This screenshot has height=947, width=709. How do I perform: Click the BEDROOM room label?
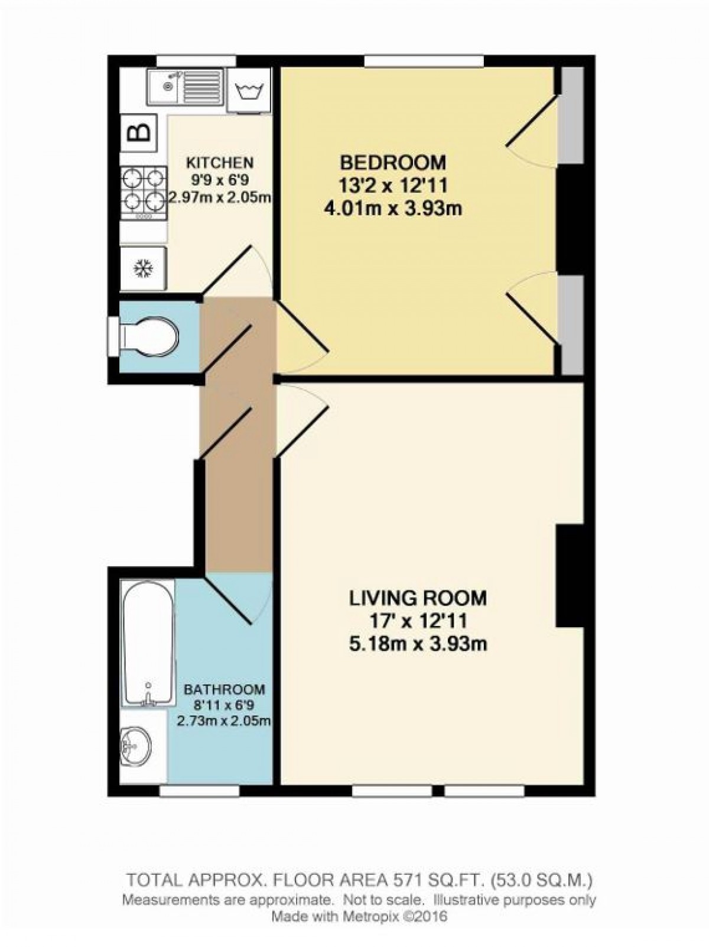392,161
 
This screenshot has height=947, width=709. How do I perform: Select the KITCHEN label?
220,163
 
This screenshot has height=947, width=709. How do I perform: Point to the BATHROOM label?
224,689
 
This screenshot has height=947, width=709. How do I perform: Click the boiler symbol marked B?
140,132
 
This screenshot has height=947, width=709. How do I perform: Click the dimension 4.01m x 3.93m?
393,209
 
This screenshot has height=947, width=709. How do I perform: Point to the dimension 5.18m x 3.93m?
418,643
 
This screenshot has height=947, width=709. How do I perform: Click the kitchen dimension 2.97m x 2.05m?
220,197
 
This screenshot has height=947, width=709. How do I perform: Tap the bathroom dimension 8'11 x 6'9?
224,705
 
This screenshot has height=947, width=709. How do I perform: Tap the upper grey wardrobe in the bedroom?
571,115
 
